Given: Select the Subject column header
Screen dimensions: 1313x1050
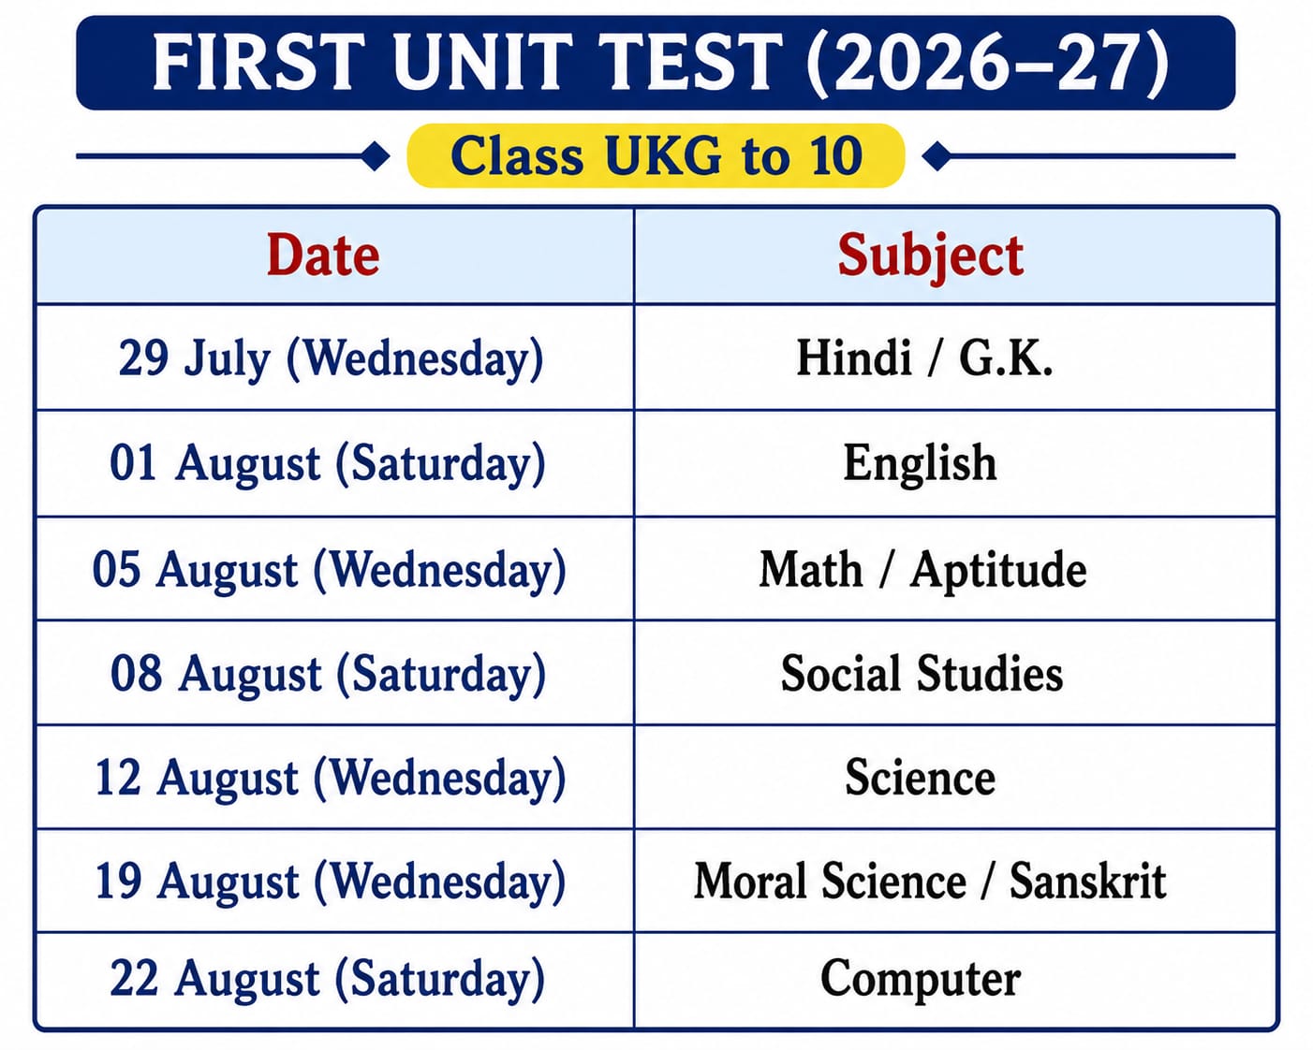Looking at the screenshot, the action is (931, 257).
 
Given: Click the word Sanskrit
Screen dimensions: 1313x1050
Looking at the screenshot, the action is (1088, 882).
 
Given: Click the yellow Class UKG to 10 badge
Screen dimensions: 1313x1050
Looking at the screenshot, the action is (656, 155).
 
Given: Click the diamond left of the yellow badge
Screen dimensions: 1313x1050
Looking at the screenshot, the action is (376, 156).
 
